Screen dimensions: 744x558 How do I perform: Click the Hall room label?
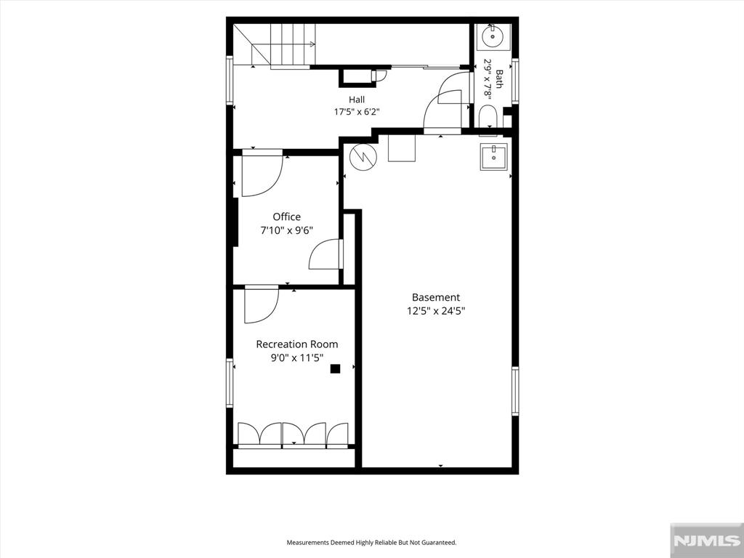point(357,100)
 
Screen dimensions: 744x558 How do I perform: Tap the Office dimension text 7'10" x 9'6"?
point(286,230)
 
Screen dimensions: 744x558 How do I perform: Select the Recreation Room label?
point(297,344)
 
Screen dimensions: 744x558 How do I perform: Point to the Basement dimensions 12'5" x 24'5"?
point(436,311)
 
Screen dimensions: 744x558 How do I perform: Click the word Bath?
point(499,78)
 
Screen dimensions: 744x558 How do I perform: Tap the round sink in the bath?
point(493,36)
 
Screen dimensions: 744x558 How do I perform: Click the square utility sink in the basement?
point(493,157)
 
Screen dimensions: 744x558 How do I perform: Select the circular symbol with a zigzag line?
point(363,156)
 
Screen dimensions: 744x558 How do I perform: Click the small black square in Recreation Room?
point(336,368)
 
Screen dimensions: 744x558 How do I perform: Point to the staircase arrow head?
point(312,44)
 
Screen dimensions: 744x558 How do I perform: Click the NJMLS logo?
point(706,541)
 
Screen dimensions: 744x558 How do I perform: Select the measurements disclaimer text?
point(371,542)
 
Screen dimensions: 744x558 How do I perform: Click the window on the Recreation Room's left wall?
point(230,383)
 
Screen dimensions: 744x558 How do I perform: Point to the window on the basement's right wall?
point(515,391)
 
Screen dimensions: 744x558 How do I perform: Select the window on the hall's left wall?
point(230,80)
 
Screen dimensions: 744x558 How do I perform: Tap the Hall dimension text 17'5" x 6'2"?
point(357,112)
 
